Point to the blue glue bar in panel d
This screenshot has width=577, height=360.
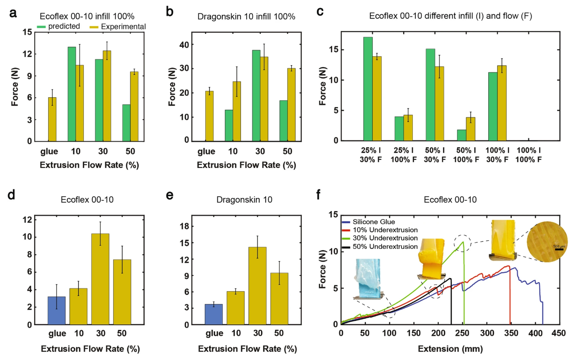pyautogui.click(x=56, y=310)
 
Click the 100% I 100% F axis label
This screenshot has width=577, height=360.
pyautogui.click(x=528, y=155)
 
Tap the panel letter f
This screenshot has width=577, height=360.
pyautogui.click(x=319, y=195)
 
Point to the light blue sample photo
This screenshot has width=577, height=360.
pyautogui.click(x=370, y=279)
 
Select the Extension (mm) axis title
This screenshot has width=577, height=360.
pyautogui.click(x=451, y=349)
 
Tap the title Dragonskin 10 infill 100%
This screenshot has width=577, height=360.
pyautogui.click(x=246, y=17)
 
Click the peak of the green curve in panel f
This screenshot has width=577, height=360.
pyautogui.click(x=463, y=242)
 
